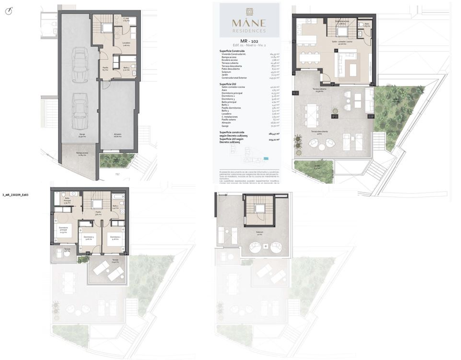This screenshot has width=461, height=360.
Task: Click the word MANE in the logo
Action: pyautogui.click(x=248, y=23)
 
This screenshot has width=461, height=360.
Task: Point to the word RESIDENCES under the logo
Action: pyautogui.click(x=248, y=31)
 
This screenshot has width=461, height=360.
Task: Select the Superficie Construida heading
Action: pyautogui.click(x=232, y=50)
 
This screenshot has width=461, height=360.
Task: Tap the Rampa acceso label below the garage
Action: pyautogui.click(x=82, y=154)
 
